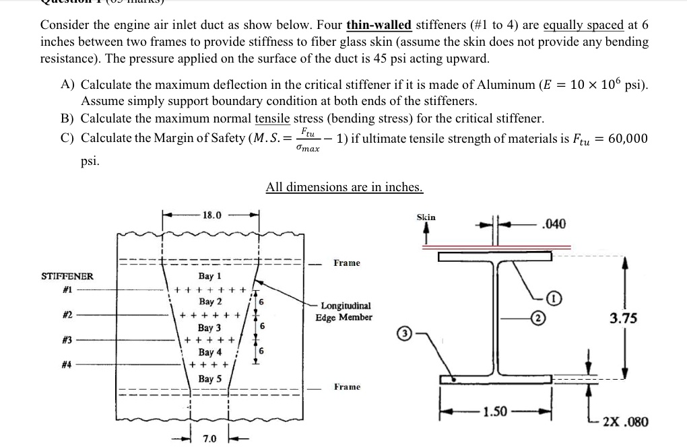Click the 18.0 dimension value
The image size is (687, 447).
(x=211, y=215)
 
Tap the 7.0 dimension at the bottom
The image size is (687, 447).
(x=210, y=439)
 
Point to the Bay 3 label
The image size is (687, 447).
(x=209, y=328)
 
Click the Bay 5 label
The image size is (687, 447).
(x=209, y=379)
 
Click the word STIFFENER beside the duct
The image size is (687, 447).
(x=67, y=276)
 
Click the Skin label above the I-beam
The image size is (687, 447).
(x=426, y=217)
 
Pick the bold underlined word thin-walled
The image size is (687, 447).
(x=379, y=25)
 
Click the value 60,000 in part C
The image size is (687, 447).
(x=628, y=139)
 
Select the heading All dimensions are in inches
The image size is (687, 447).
(x=344, y=186)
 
